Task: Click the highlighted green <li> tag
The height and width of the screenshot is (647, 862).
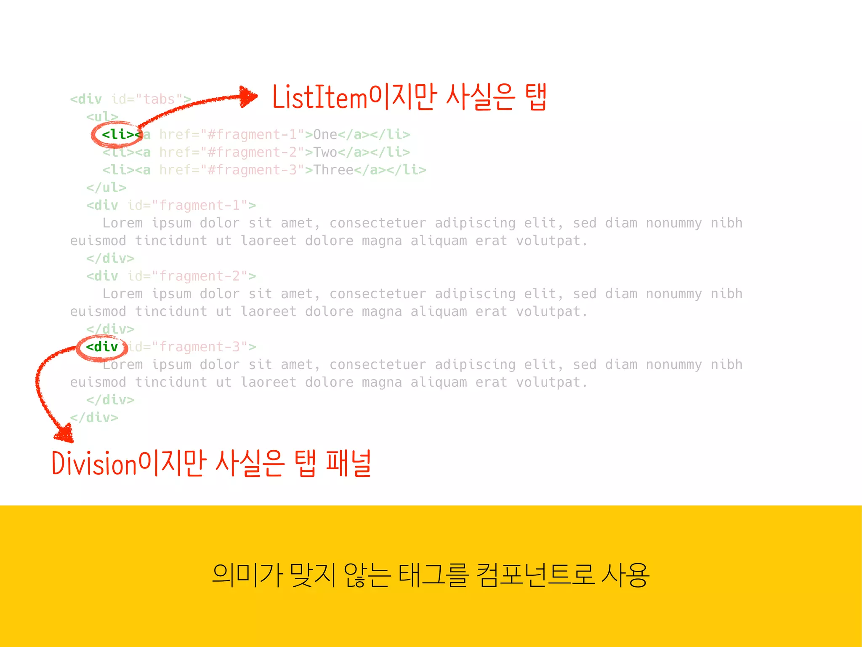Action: click(x=118, y=135)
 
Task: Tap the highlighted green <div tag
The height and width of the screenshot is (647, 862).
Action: click(x=102, y=347)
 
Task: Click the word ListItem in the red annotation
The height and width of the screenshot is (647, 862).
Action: click(x=320, y=98)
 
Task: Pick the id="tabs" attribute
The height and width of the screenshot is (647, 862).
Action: click(x=151, y=99)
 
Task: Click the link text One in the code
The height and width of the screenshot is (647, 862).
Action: click(x=325, y=135)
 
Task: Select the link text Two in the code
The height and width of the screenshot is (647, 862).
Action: click(x=325, y=152)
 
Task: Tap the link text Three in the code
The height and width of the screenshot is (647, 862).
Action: click(x=333, y=170)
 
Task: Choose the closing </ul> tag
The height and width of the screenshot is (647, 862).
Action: click(x=106, y=188)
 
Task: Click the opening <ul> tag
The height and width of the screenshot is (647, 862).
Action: click(x=102, y=117)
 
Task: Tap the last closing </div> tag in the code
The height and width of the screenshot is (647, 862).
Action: click(x=94, y=418)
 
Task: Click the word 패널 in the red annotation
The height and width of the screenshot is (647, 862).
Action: click(x=349, y=463)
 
